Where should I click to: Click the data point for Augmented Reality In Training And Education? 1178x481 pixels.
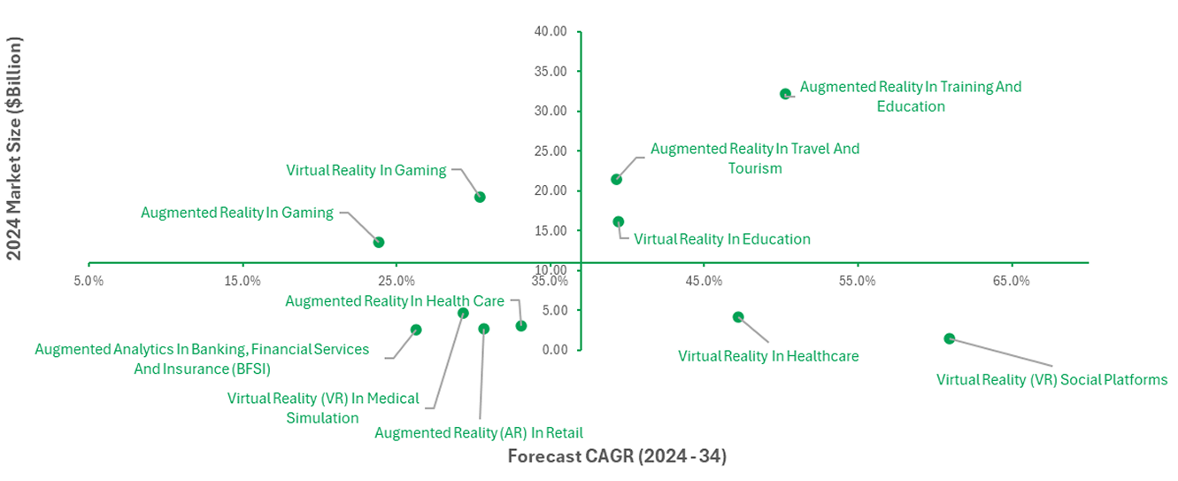785,94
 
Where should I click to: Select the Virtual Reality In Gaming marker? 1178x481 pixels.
480,197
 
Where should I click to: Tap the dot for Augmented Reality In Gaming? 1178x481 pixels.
379,242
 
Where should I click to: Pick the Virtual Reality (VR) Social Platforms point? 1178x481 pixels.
950,338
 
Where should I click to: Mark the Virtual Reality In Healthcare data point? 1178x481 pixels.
738,317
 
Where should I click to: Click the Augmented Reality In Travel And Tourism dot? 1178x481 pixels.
616,179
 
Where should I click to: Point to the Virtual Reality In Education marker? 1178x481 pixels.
618,221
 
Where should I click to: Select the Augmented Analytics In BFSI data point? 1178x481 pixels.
416,330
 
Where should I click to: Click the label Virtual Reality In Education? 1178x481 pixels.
722,239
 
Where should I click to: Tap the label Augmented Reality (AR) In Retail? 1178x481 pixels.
479,433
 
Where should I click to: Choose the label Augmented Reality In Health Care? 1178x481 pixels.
395,301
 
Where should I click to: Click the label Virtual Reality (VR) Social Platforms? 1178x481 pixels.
1052,380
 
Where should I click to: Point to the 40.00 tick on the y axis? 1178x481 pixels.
551,31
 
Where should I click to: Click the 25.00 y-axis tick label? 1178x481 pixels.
551,151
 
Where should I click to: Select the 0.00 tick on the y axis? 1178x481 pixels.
554,349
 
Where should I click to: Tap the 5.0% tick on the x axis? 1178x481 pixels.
89,282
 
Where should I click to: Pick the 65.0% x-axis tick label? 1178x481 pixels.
1011,282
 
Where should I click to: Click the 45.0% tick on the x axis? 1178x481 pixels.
703,282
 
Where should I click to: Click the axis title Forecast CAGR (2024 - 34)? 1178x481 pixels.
616,457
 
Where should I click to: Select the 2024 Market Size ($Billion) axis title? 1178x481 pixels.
14,148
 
